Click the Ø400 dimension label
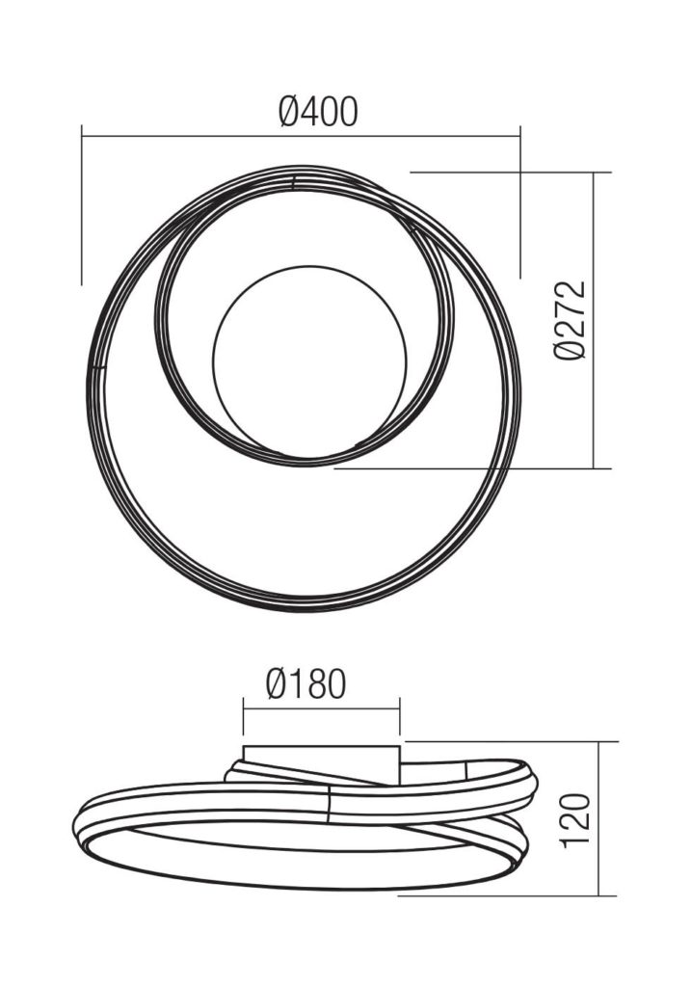[x=318, y=112]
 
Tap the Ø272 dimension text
[x=571, y=320]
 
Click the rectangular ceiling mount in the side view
[x=322, y=763]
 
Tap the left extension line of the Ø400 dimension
[x=82, y=205]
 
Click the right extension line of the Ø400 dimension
[x=520, y=202]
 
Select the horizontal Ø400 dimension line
[x=301, y=135]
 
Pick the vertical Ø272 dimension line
[x=595, y=320]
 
